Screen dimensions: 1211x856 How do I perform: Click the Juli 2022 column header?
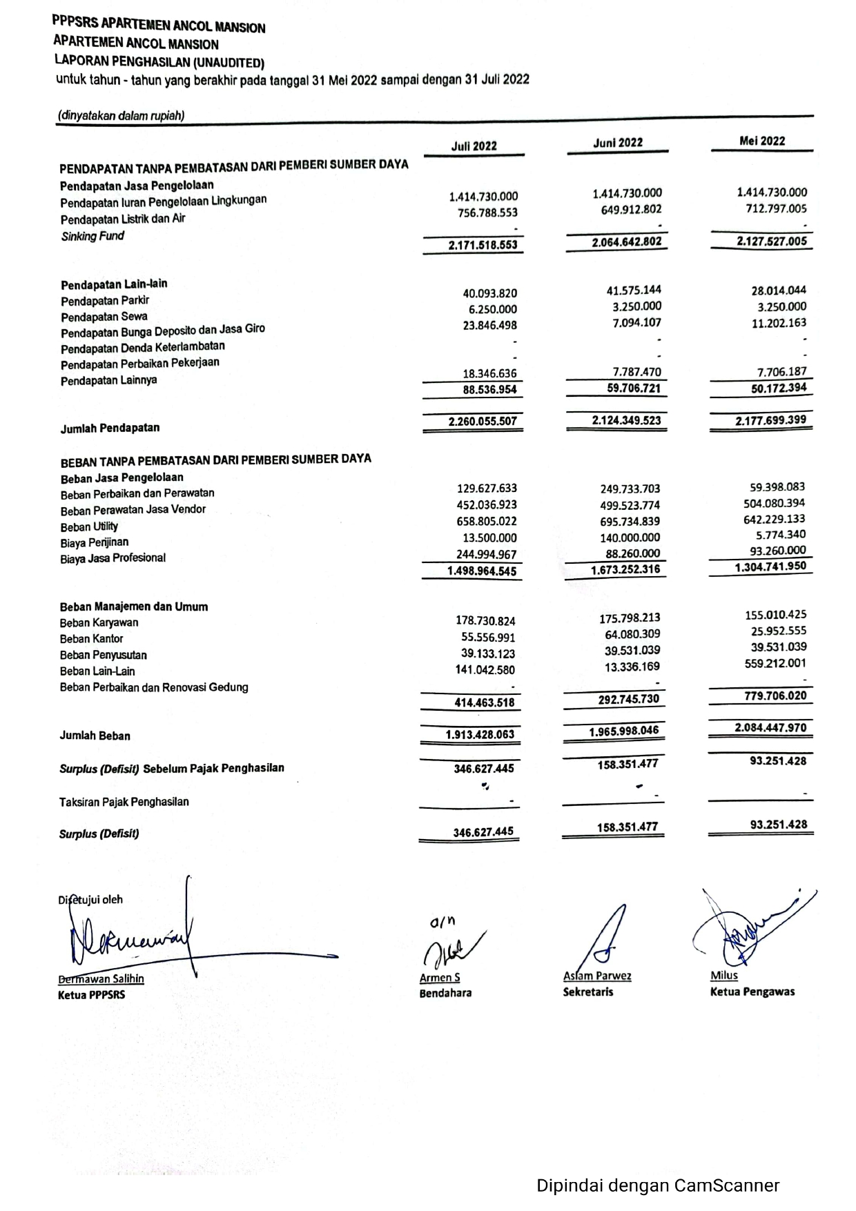click(x=474, y=146)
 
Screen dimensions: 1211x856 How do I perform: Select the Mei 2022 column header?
click(x=761, y=141)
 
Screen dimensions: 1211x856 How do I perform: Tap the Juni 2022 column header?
click(x=618, y=142)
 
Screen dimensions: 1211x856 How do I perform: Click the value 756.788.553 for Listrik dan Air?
click(x=487, y=213)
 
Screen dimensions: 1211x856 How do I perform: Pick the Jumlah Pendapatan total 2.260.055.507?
click(x=483, y=421)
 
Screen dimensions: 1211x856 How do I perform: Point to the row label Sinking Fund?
click(x=93, y=236)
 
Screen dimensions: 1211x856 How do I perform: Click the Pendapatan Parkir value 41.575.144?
click(x=634, y=290)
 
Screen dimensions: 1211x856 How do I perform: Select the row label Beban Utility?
click(x=89, y=526)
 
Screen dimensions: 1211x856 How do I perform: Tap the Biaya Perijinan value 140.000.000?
click(x=630, y=538)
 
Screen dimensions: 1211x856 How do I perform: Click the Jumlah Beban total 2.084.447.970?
click(x=770, y=727)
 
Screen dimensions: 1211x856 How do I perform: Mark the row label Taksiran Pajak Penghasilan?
click(x=124, y=802)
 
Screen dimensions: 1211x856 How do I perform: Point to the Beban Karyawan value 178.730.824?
click(x=485, y=621)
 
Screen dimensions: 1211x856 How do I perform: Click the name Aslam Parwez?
click(x=597, y=976)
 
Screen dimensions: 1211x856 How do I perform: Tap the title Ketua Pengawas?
click(x=752, y=992)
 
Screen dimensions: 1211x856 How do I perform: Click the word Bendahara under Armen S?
click(x=445, y=993)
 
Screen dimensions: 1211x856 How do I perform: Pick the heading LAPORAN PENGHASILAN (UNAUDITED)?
click(x=159, y=62)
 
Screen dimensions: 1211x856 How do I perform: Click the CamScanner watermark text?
click(x=658, y=1185)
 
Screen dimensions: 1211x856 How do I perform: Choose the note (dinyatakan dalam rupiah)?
click(x=121, y=116)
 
